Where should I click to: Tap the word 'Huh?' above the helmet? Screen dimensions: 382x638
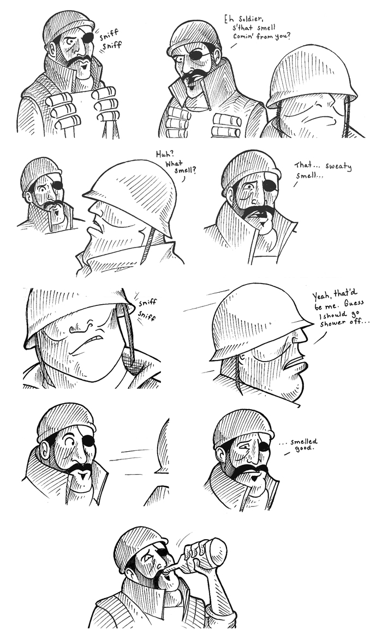(165, 155)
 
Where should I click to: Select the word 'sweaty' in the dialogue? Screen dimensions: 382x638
(338, 167)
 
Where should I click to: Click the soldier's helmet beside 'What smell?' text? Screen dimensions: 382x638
(132, 196)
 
